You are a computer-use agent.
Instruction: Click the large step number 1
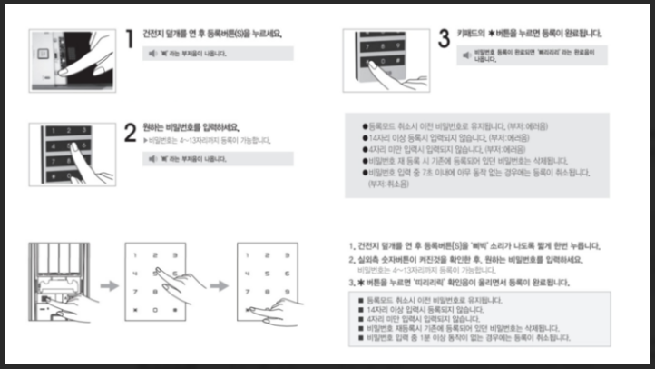point(130,38)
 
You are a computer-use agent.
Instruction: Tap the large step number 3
point(444,38)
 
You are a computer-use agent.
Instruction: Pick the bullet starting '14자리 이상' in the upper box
point(364,135)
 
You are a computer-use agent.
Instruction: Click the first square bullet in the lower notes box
point(362,299)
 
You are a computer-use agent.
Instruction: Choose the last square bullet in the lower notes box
point(362,337)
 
